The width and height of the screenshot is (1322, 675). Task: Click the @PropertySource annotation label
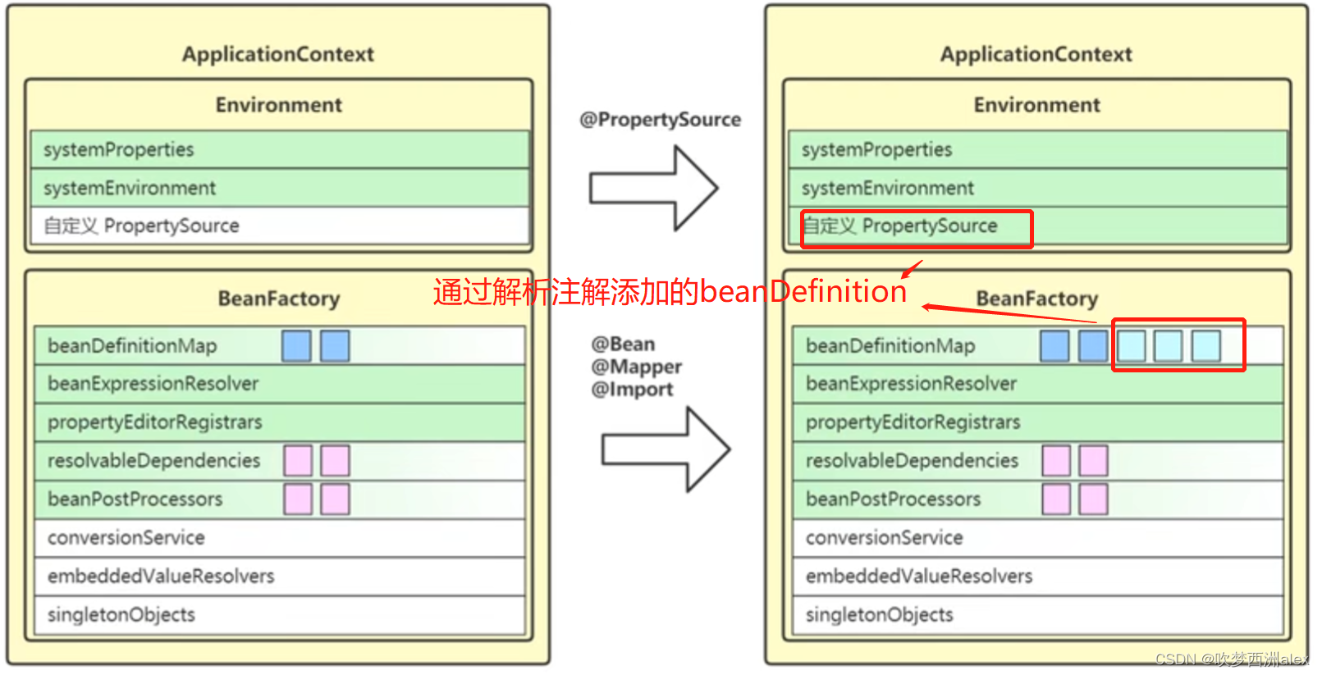[x=660, y=120]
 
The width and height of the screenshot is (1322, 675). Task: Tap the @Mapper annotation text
[x=637, y=367]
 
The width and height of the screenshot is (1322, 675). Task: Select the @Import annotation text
[x=632, y=390]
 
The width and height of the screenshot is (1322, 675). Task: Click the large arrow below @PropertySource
[x=653, y=188]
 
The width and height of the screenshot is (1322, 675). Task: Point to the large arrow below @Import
[x=666, y=449]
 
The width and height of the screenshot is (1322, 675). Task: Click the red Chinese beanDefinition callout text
[x=670, y=292]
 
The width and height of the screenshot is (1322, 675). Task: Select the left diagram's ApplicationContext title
[x=277, y=54]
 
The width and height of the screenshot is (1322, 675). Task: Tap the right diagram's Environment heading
[x=1036, y=105]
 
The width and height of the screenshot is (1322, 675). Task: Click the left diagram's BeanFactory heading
[x=278, y=299]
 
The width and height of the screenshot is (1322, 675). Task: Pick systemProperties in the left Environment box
[x=119, y=149]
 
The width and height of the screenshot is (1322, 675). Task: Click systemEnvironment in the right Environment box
[x=887, y=188]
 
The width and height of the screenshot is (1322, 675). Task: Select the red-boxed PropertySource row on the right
[x=916, y=227]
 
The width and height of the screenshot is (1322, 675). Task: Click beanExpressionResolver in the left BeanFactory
[x=153, y=383]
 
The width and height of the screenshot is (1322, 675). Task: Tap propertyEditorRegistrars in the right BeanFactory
[x=913, y=422]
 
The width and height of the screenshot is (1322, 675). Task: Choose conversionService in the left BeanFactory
[x=126, y=537]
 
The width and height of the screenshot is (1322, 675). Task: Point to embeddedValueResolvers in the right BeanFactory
[x=918, y=576]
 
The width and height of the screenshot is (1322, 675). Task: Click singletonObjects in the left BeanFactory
[x=121, y=614]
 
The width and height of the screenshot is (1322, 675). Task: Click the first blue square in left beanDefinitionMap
[x=296, y=345]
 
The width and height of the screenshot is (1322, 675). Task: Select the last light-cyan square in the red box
[x=1205, y=345]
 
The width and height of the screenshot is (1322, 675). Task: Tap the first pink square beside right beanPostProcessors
[x=1055, y=499]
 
